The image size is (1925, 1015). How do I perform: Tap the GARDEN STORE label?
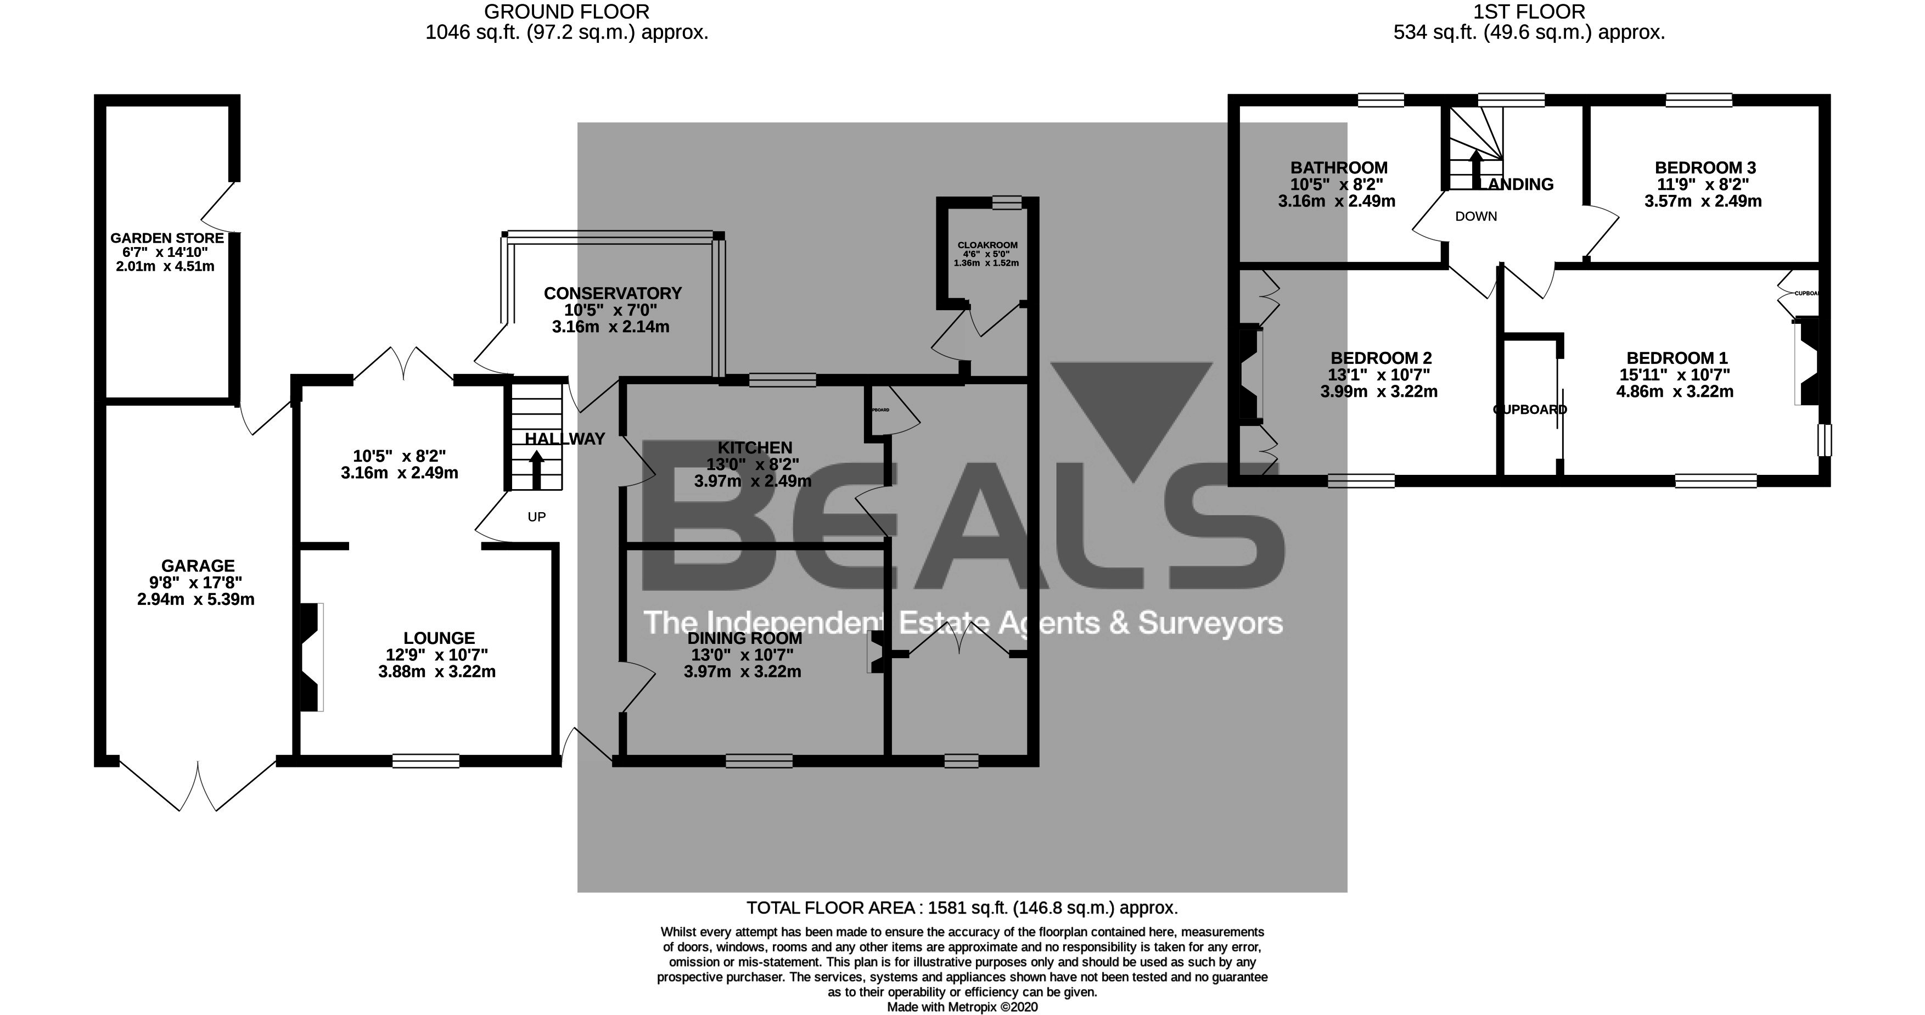pos(167,238)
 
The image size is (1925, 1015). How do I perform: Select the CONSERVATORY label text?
pos(612,294)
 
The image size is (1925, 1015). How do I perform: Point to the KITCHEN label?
pos(755,447)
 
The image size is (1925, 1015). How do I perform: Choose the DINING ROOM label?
pos(744,637)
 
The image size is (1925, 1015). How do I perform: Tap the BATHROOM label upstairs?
pos(1338,168)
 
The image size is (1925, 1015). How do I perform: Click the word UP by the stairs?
pos(536,517)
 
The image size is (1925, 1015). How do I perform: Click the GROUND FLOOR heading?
pos(566,12)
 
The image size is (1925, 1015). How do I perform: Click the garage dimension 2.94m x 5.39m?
pos(196,599)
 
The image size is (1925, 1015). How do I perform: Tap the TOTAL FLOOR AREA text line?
pos(962,908)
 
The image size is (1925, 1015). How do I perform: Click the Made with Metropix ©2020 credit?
pos(962,1007)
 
